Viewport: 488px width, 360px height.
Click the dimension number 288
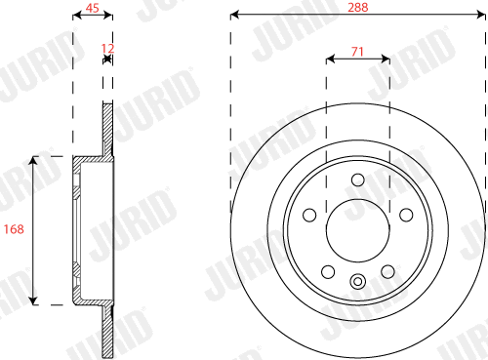(357, 6)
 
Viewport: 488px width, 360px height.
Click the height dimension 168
(14, 229)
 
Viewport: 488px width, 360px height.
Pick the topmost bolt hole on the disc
(357, 180)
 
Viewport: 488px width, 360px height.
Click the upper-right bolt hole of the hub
(404, 214)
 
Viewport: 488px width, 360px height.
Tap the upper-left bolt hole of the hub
(310, 214)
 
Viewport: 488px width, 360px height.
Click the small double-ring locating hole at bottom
(357, 284)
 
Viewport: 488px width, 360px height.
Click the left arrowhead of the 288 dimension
(235, 16)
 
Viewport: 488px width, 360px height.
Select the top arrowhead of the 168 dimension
(35, 159)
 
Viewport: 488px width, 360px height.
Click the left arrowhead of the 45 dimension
(77, 16)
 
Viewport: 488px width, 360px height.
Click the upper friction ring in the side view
(108, 127)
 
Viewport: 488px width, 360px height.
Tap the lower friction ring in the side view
(108, 332)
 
